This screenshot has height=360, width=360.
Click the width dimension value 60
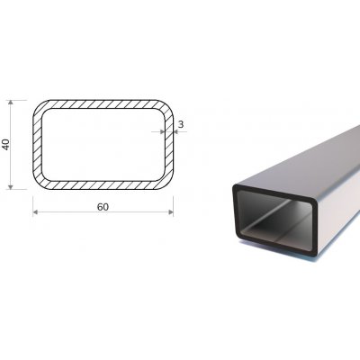tap(103, 206)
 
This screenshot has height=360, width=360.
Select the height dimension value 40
tap(7, 144)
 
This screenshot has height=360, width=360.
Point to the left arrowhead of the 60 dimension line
tap(36, 212)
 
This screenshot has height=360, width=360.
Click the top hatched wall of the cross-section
tap(103, 104)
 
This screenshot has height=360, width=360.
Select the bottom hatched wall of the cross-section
tap(103, 184)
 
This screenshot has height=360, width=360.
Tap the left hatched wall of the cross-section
tap(38, 144)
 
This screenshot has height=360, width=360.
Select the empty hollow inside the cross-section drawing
tap(103, 144)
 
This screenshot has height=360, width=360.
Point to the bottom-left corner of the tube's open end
tap(236, 238)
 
